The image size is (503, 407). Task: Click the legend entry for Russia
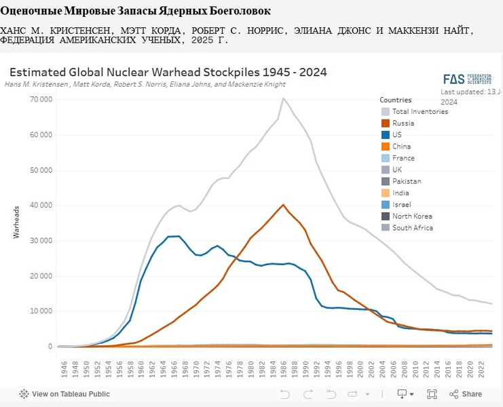(403, 123)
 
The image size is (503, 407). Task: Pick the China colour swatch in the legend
(385, 147)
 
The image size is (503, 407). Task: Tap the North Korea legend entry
(412, 216)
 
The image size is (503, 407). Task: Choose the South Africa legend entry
(413, 228)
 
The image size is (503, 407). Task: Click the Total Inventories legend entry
(420, 111)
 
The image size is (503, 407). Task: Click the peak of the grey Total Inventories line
(282, 98)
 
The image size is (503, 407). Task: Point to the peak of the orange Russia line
(283, 205)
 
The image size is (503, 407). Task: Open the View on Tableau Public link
(64, 394)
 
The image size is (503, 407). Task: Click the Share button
(466, 394)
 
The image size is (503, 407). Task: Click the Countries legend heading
(395, 100)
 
